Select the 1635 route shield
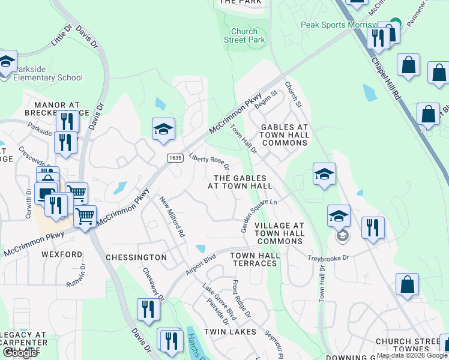(x=175, y=157)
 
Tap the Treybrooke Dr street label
(x=328, y=256)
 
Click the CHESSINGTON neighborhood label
(x=136, y=257)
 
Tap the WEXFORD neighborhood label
(x=62, y=254)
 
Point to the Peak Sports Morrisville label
(x=340, y=25)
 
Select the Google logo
(x=20, y=352)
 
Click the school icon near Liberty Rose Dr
(x=163, y=130)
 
